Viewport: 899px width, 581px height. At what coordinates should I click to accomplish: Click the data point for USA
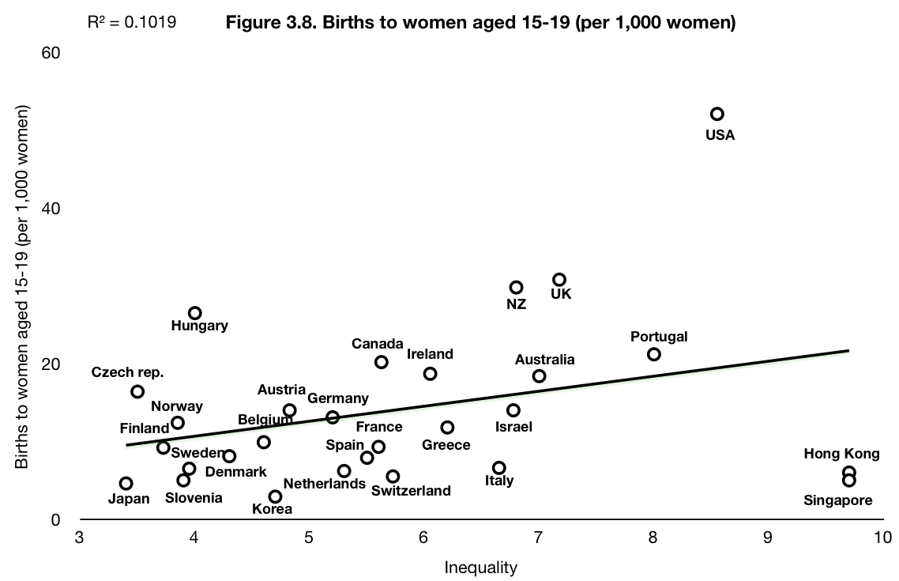tap(717, 114)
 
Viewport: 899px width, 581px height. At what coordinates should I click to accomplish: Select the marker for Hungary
tap(195, 313)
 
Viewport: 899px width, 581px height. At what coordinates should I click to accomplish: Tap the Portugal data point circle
tap(653, 354)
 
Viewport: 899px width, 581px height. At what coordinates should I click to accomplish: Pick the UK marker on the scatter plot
tap(559, 280)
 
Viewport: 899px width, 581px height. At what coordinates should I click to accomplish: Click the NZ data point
tap(516, 287)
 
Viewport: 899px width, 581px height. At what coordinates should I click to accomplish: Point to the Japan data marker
tap(126, 483)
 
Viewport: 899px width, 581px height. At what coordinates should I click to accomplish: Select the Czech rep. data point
tap(137, 391)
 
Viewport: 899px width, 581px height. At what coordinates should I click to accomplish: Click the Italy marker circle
tap(498, 468)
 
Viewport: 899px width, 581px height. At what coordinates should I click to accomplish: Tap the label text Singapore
tap(837, 500)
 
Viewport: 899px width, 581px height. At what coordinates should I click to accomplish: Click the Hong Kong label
tap(841, 454)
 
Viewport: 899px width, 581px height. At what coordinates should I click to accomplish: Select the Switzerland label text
tap(411, 491)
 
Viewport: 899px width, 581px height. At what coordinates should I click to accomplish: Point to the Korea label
tap(272, 509)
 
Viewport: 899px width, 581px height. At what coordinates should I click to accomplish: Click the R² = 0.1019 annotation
tap(131, 22)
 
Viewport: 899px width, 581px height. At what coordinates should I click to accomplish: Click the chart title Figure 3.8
tap(480, 22)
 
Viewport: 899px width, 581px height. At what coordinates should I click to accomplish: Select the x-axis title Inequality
tap(480, 567)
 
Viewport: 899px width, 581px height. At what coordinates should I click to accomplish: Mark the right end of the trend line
tap(848, 350)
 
